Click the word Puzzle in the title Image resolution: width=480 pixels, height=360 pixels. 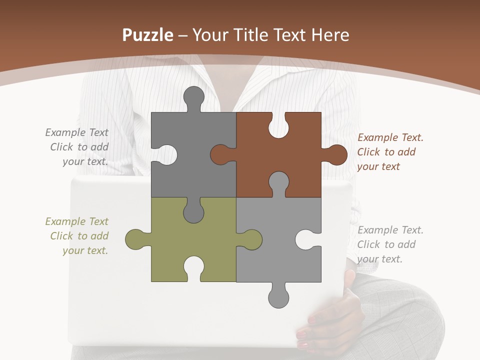tap(147, 35)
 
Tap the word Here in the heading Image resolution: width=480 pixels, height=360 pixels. tap(330, 35)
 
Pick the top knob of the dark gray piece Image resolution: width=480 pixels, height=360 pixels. tap(193, 97)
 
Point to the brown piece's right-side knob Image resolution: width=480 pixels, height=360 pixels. tap(336, 154)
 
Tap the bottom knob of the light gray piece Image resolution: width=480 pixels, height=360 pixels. tap(278, 296)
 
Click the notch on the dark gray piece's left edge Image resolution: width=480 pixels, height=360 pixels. tap(165, 154)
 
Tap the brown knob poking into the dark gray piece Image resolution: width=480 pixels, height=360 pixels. tap(222, 154)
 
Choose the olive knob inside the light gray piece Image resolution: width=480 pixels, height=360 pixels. tap(250, 239)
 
